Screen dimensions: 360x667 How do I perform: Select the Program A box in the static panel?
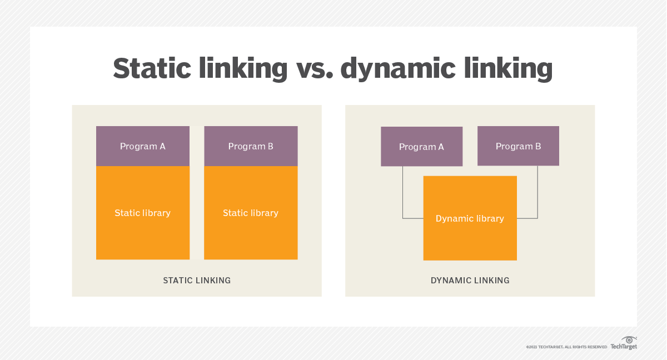pyautogui.click(x=143, y=146)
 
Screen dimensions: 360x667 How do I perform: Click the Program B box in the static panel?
pyautogui.click(x=251, y=146)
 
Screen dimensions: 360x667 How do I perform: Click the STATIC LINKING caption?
pyautogui.click(x=197, y=281)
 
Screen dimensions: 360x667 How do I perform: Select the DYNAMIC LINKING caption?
pyautogui.click(x=470, y=281)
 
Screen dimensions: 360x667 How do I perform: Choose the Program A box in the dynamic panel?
pyautogui.click(x=421, y=147)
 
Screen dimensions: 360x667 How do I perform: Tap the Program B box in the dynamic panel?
pyautogui.click(x=518, y=147)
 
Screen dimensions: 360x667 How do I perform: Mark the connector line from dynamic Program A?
pyautogui.click(x=403, y=194)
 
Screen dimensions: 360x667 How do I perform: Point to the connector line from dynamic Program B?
pyautogui.click(x=537, y=194)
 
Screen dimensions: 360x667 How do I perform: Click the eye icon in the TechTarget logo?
pyautogui.click(x=629, y=339)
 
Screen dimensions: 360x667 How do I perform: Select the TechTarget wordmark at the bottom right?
pyautogui.click(x=624, y=347)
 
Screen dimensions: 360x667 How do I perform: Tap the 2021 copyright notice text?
pyautogui.click(x=566, y=347)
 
